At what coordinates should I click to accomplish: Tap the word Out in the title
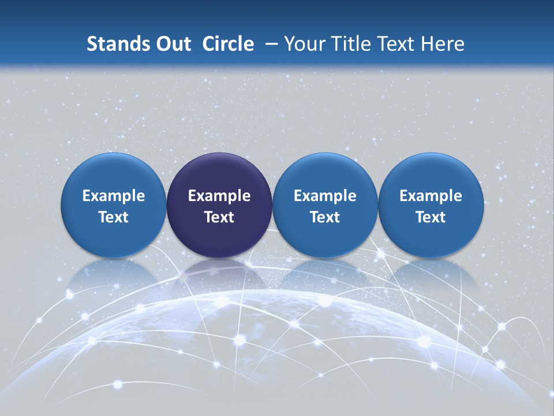click(171, 44)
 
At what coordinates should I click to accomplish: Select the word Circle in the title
click(228, 44)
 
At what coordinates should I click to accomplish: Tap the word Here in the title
click(443, 44)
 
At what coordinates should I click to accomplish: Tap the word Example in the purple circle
click(219, 196)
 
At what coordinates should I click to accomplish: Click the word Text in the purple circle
click(219, 217)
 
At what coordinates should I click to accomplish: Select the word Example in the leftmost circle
click(114, 196)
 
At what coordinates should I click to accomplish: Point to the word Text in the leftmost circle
click(114, 217)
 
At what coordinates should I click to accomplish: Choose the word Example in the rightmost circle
click(431, 196)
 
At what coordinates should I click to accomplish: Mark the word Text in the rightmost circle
click(431, 217)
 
